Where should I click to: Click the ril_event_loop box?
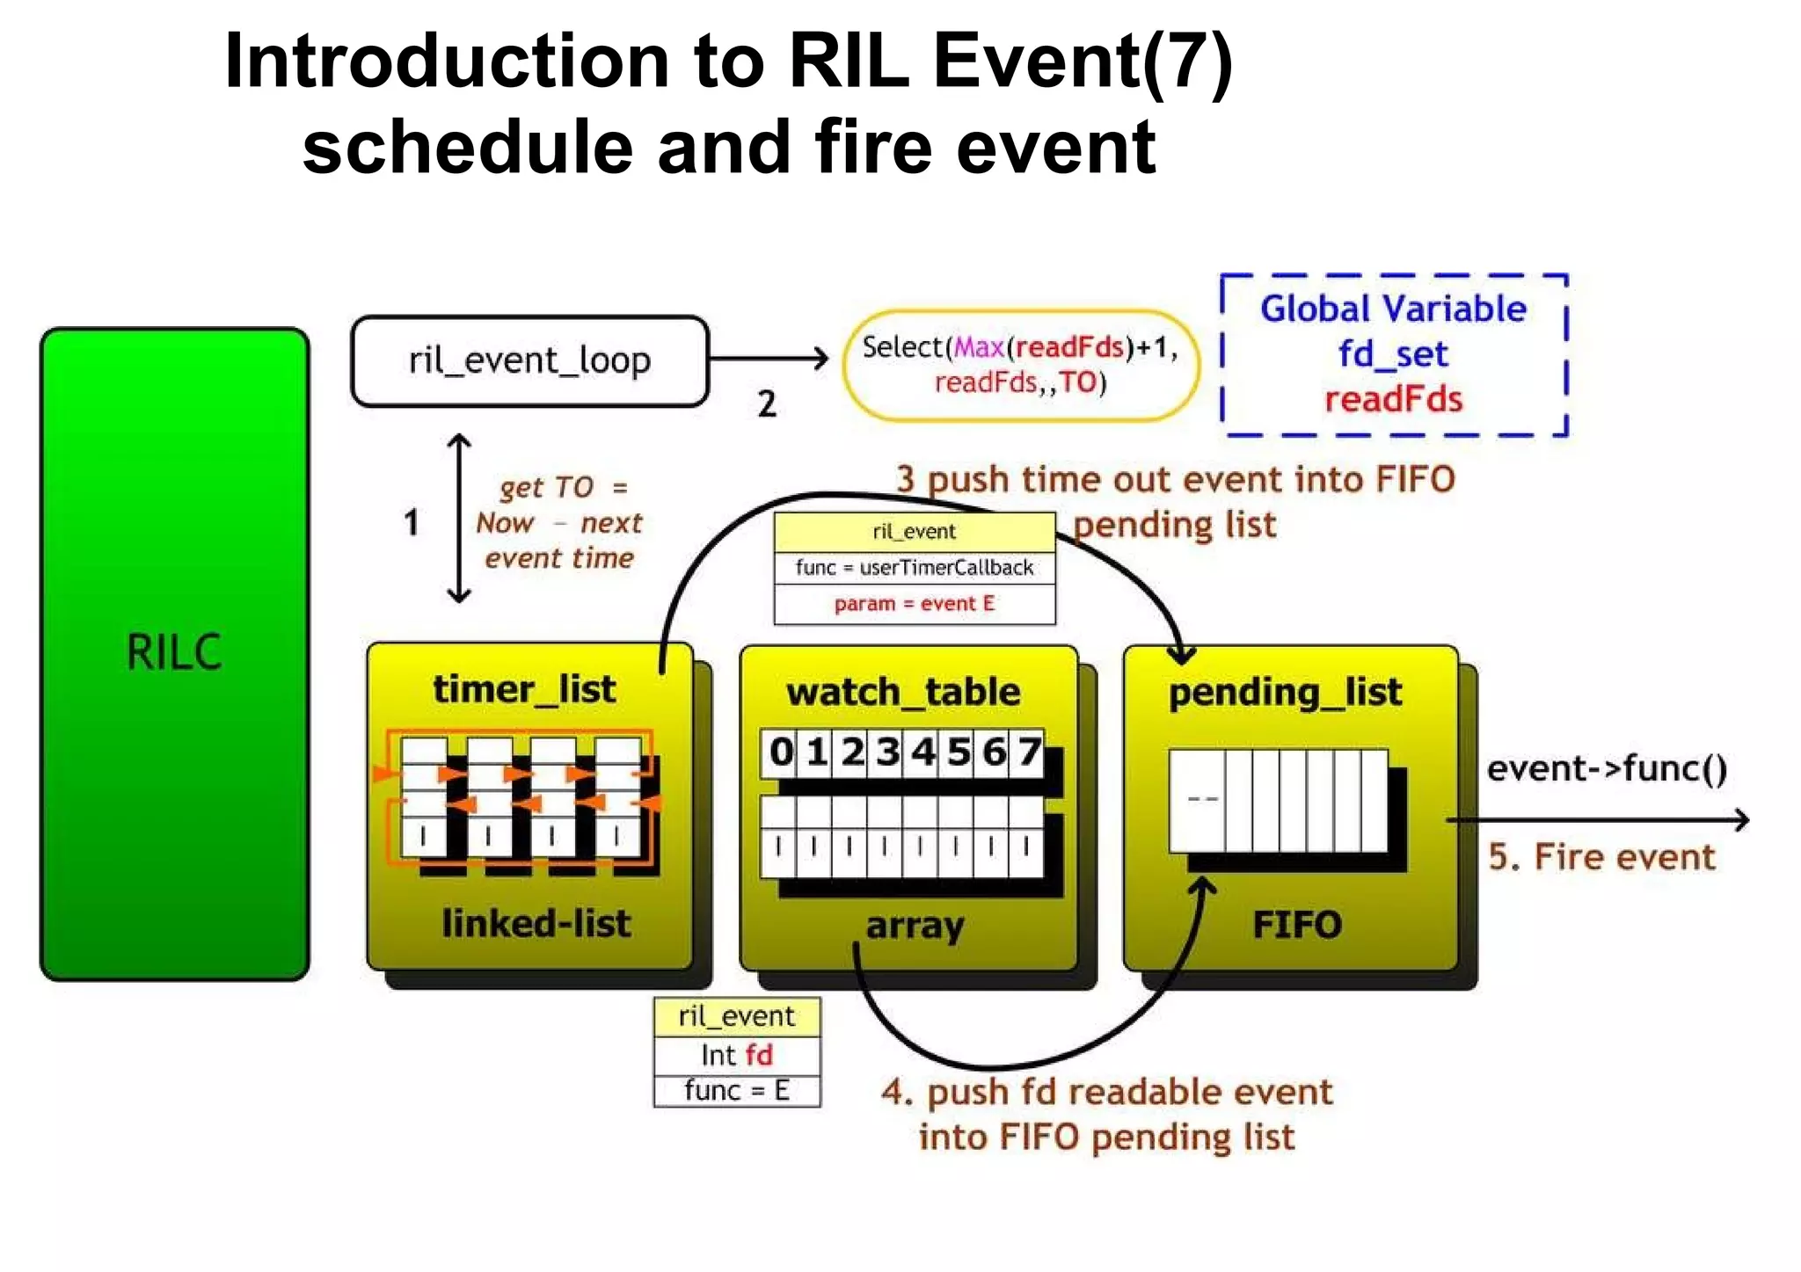[529, 361]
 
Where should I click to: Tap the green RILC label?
[174, 652]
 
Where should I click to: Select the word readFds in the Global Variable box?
[1393, 400]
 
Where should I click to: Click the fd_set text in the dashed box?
[1393, 354]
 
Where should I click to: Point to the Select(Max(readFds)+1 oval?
[1020, 365]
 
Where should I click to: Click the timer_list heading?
[524, 689]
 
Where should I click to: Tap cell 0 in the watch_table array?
[780, 752]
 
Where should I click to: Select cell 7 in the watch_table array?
[1028, 752]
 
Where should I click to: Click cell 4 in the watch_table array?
[922, 752]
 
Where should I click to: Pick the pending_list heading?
[1285, 693]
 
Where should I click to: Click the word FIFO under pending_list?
[1296, 925]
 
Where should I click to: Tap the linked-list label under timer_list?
[536, 924]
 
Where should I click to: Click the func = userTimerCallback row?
[915, 568]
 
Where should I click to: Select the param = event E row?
[915, 604]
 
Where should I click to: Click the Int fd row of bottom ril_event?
[737, 1055]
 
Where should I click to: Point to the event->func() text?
[1607, 769]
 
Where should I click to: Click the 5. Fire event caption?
[1601, 857]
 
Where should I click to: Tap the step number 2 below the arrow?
[767, 404]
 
